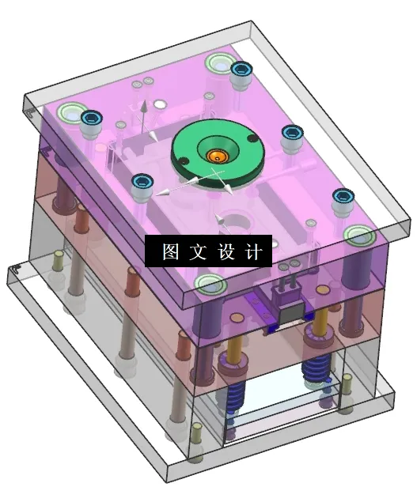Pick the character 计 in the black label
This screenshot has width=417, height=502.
(x=252, y=252)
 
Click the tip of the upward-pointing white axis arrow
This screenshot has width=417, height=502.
(x=143, y=103)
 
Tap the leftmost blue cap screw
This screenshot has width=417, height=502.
(x=92, y=119)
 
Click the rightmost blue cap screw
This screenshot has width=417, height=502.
(x=343, y=197)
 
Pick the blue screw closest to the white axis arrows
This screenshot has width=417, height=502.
(x=142, y=182)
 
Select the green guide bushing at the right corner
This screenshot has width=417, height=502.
(x=358, y=235)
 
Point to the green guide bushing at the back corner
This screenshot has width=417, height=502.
(x=218, y=62)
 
